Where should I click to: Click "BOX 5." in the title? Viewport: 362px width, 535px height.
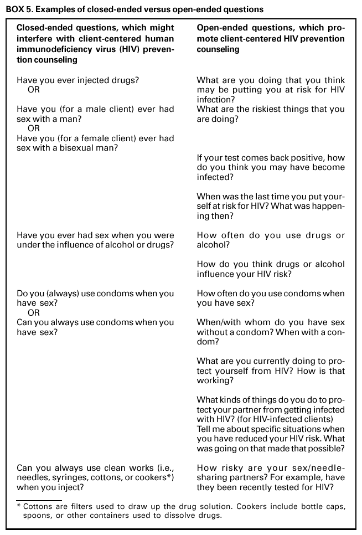click(19, 9)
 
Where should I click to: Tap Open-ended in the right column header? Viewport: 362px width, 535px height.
click(220, 27)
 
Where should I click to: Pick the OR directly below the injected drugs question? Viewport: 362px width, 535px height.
click(34, 89)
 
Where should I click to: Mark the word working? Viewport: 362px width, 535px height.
click(215, 381)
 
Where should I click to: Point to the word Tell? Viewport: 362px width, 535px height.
click(205, 429)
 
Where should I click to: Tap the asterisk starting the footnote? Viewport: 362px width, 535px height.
click(19, 506)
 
